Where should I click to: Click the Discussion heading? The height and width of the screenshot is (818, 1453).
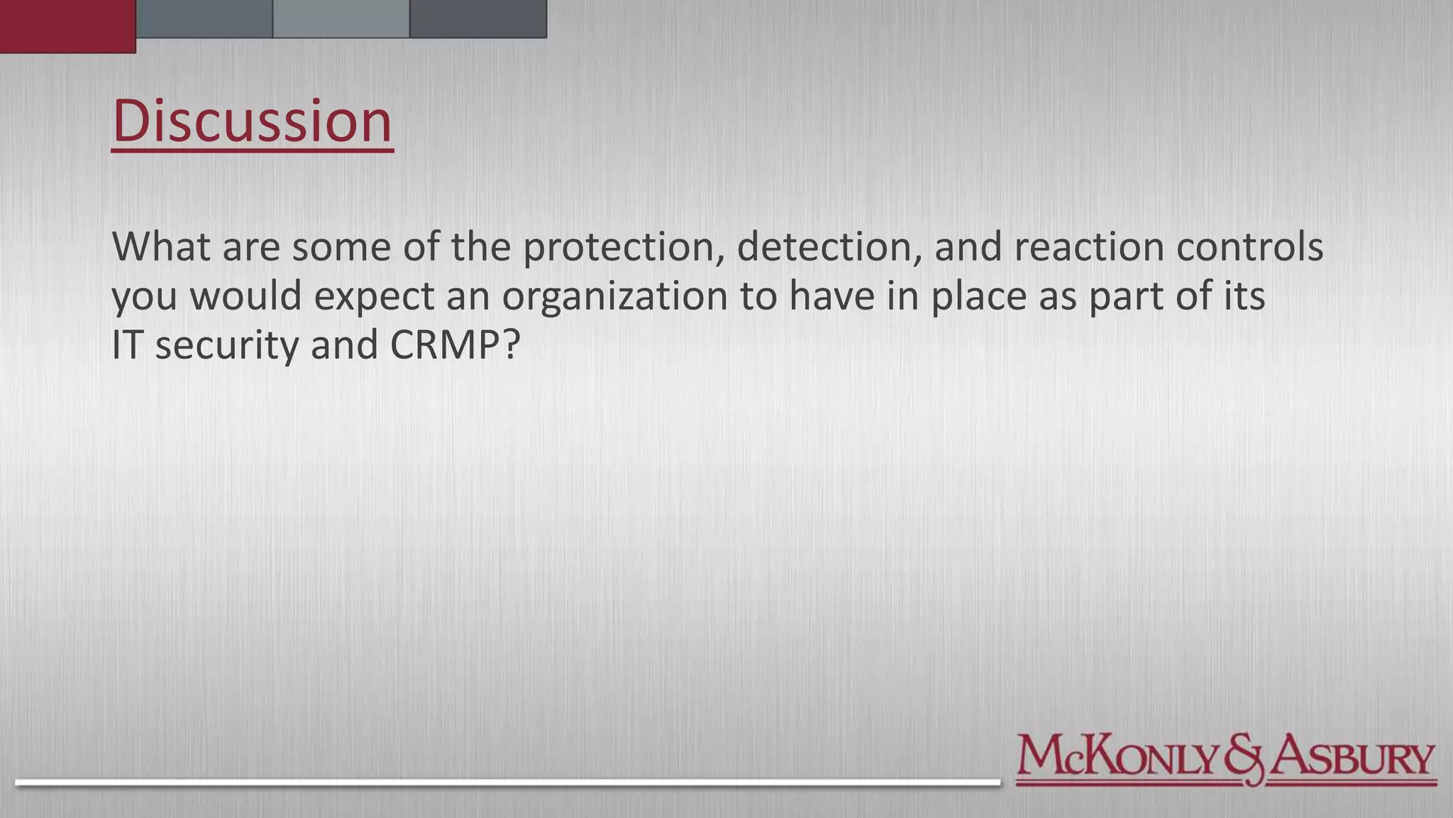pyautogui.click(x=252, y=121)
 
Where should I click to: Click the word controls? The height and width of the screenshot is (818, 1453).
pyautogui.click(x=1249, y=247)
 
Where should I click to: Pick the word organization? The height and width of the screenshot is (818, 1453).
pyautogui.click(x=615, y=296)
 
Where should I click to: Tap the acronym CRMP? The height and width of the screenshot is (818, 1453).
pyautogui.click(x=455, y=345)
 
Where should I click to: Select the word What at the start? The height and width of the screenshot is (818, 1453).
pyautogui.click(x=161, y=247)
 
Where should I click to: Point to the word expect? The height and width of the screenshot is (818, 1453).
pyautogui.click(x=374, y=296)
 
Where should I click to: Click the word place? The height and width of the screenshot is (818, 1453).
pyautogui.click(x=978, y=296)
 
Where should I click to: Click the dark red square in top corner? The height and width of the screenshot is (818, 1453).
pyautogui.click(x=67, y=26)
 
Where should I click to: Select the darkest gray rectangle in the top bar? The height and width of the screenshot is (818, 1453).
pyautogui.click(x=478, y=18)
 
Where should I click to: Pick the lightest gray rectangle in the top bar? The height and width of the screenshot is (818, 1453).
pyautogui.click(x=341, y=18)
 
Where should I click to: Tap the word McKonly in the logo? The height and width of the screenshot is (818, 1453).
pyautogui.click(x=1118, y=757)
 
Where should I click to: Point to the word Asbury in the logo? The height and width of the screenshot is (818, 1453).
pyautogui.click(x=1352, y=757)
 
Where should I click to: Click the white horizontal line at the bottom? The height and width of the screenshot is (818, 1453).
pyautogui.click(x=507, y=782)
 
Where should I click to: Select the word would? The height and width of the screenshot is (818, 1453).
pyautogui.click(x=245, y=296)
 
